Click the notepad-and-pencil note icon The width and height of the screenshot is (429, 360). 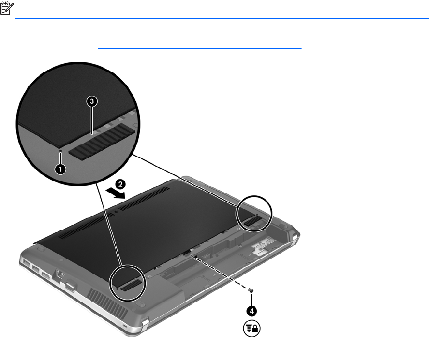7,8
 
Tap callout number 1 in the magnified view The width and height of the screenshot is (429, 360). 60,169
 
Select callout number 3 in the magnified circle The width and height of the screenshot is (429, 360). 92,101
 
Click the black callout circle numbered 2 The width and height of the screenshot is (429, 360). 120,184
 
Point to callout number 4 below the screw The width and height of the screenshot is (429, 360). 251,311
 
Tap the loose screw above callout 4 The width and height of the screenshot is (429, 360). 251,290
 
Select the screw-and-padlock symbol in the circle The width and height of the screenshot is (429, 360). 251,328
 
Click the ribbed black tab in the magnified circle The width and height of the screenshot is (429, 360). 102,141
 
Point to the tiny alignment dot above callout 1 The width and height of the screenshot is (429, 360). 61,150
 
